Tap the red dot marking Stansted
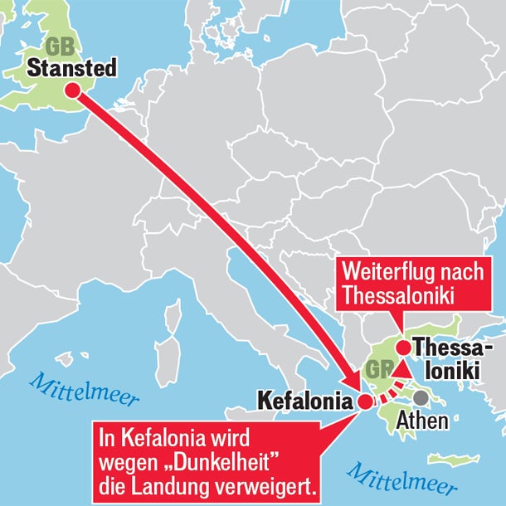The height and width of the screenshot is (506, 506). click(73, 90)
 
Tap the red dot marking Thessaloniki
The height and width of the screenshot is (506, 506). click(403, 348)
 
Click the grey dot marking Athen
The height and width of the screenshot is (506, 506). click(422, 398)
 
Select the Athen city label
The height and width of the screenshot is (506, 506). click(423, 420)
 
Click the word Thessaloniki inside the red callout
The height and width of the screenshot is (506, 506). click(399, 296)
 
